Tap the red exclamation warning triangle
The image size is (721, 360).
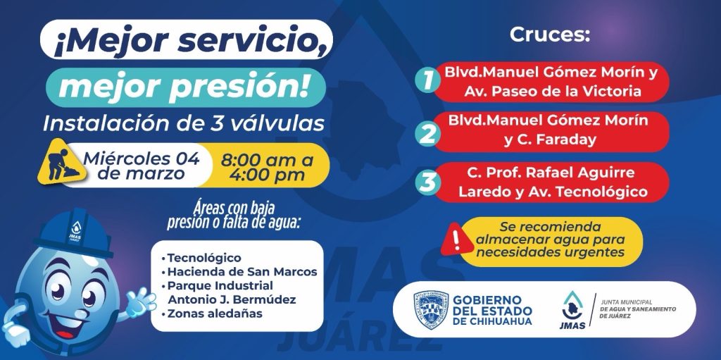[x=456, y=239]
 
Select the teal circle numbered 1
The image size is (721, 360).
[x=427, y=80]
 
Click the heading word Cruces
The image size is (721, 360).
[x=549, y=35]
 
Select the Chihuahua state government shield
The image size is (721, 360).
[x=430, y=310]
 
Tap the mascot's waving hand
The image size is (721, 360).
[x=140, y=302]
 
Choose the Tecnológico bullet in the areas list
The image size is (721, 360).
[x=201, y=258]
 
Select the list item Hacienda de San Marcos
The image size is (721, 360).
[x=239, y=272]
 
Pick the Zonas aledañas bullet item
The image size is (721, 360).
[x=211, y=314]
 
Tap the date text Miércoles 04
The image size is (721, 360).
[x=142, y=159]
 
